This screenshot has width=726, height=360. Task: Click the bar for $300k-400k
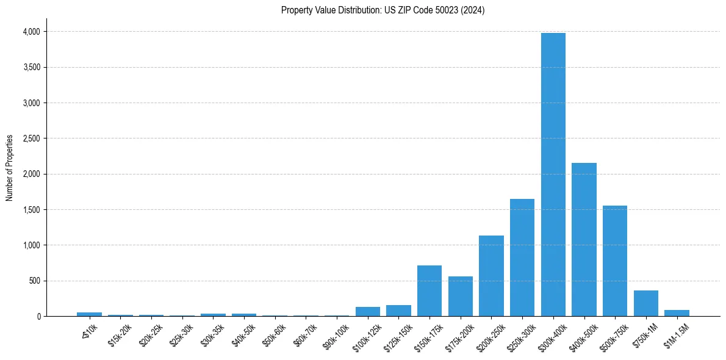(553, 175)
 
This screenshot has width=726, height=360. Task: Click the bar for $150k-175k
(429, 290)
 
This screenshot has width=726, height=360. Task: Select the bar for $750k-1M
(646, 303)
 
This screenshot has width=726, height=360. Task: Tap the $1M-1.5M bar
(677, 313)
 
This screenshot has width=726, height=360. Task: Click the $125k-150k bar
(398, 311)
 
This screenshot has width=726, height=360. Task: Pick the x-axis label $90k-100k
(336, 334)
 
